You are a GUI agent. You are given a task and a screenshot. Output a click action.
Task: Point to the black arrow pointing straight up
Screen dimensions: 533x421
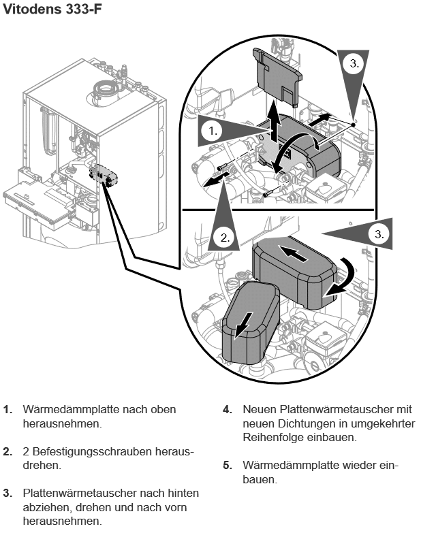coord(273,123)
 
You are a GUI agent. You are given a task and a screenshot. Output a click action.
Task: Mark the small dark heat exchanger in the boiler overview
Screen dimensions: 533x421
coord(105,174)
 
